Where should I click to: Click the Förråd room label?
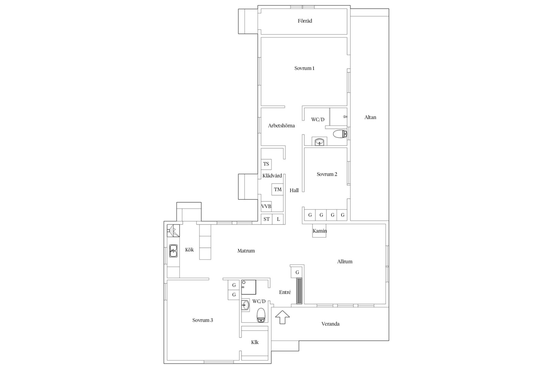tap(305, 21)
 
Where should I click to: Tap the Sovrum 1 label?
tap(304, 68)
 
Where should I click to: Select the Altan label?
tap(370, 117)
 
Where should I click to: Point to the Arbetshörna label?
tap(281, 126)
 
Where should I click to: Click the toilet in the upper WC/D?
tap(340, 134)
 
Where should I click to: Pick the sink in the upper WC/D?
tap(319, 142)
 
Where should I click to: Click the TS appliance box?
tap(266, 164)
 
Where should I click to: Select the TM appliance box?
tap(277, 189)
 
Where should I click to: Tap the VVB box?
tap(266, 206)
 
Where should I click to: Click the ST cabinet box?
tap(267, 219)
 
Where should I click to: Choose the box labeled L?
tap(278, 219)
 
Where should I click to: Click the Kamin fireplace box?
tap(319, 231)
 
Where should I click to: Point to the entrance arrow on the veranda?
tap(282, 317)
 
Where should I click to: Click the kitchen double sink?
tap(173, 251)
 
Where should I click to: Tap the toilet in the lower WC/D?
tap(261, 315)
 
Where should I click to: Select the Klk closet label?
tap(255, 342)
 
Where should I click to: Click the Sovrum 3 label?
tap(202, 320)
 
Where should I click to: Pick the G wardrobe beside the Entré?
tap(297, 272)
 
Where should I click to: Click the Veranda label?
tap(331, 324)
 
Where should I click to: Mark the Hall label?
tap(294, 190)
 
